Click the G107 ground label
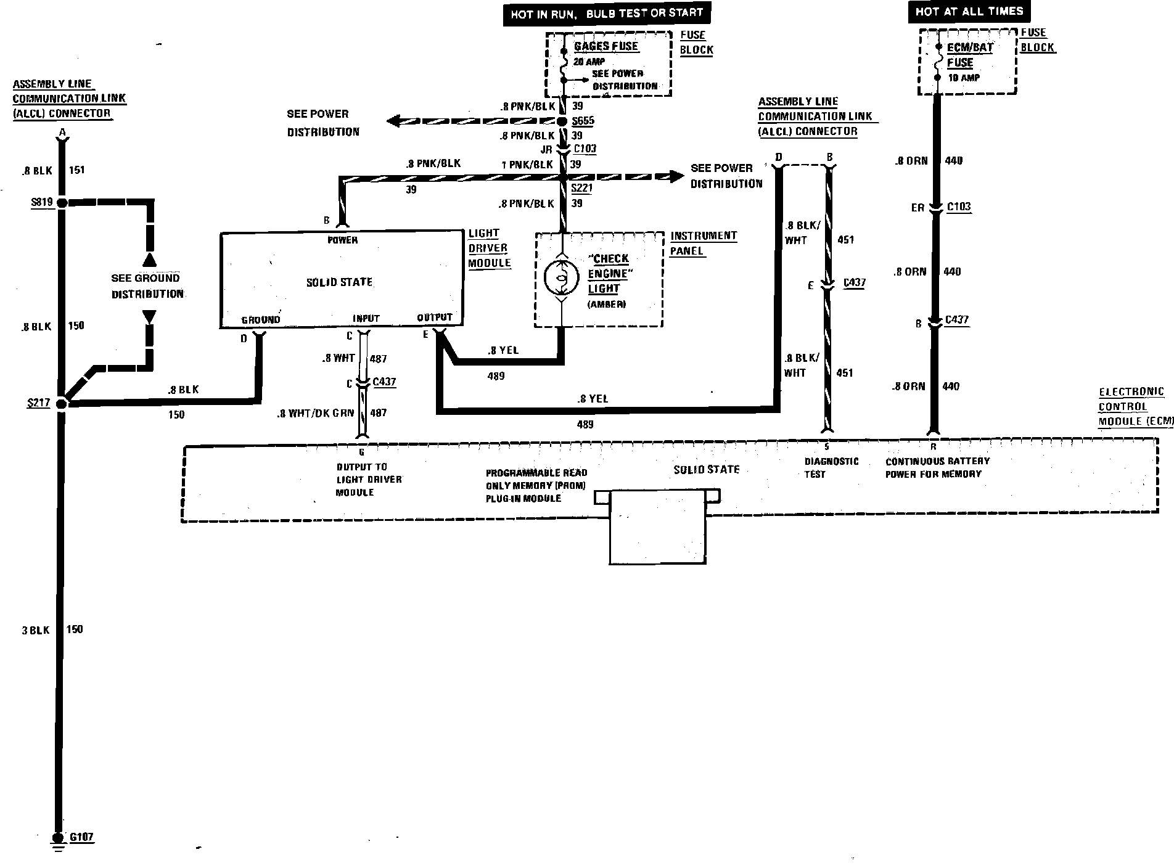[x=81, y=837]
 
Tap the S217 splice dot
[x=61, y=404]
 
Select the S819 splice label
[x=41, y=202]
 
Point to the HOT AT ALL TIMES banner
[x=969, y=11]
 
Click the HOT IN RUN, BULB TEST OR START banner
[x=606, y=13]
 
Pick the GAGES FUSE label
[x=606, y=46]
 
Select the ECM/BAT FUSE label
[x=970, y=55]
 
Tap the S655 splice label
[x=583, y=121]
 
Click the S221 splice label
[x=581, y=189]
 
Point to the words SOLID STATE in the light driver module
[x=339, y=282]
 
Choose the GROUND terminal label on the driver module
[x=260, y=319]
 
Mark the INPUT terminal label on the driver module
[x=366, y=318]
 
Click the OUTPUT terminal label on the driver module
[x=435, y=317]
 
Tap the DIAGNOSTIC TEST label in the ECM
[x=831, y=467]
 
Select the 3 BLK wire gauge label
[x=35, y=630]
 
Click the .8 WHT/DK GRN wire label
[x=316, y=414]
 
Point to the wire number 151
[x=76, y=170]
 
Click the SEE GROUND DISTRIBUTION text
[x=147, y=286]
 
